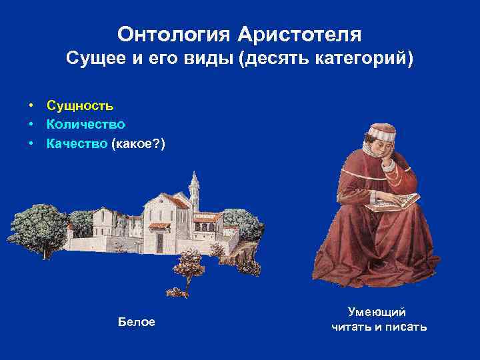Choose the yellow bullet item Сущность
[80, 105]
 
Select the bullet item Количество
[86, 124]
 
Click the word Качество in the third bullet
[77, 143]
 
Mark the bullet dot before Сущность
[31, 105]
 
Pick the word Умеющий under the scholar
[378, 312]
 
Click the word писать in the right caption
[408, 327]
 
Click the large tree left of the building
[39, 227]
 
